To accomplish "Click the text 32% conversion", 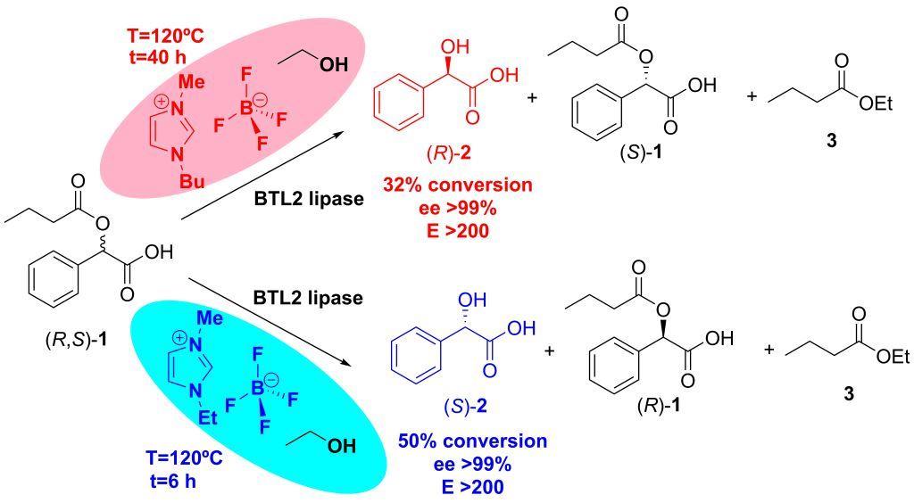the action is pos(457,186).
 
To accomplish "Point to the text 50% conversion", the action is pos(472,442).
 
